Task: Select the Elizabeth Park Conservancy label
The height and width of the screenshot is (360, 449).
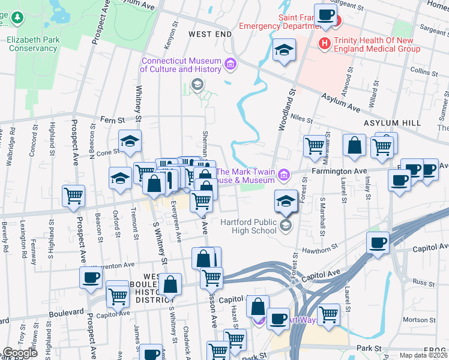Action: click(x=32, y=43)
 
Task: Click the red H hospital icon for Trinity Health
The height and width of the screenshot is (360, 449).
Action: click(x=325, y=43)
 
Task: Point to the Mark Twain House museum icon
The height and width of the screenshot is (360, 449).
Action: click(x=284, y=175)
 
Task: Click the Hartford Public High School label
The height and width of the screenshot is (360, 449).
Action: click(x=248, y=226)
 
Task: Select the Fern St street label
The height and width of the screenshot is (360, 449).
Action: click(x=112, y=119)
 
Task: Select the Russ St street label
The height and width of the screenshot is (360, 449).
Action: click(x=419, y=281)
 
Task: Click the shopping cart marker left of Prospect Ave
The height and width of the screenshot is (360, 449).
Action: click(x=73, y=195)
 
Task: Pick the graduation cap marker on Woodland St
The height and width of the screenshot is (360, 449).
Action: click(x=284, y=51)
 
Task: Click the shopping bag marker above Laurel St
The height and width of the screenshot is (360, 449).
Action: click(x=355, y=145)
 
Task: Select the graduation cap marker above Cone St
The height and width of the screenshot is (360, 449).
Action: click(x=130, y=140)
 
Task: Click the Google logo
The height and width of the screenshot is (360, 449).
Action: click(x=20, y=353)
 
